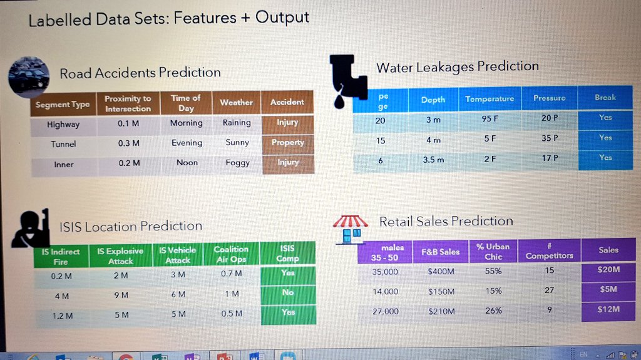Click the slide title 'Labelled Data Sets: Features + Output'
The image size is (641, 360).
169,19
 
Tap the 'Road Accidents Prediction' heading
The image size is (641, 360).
140,73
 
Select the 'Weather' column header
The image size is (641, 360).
236,102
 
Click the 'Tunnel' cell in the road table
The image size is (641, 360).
63,144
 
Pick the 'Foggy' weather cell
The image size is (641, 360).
237,163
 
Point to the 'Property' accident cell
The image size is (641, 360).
287,142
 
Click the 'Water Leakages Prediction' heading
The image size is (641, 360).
457,67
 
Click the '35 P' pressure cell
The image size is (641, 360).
550,138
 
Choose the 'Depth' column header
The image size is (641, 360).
433,100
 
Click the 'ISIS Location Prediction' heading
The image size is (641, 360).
130,226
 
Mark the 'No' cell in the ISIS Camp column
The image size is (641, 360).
287,292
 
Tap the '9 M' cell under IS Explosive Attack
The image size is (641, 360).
121,294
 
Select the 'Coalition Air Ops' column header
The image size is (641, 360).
231,254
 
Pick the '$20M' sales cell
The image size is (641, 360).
608,270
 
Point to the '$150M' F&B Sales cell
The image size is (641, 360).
441,292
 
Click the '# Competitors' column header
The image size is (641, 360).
549,251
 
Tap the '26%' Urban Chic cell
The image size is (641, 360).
493,311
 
